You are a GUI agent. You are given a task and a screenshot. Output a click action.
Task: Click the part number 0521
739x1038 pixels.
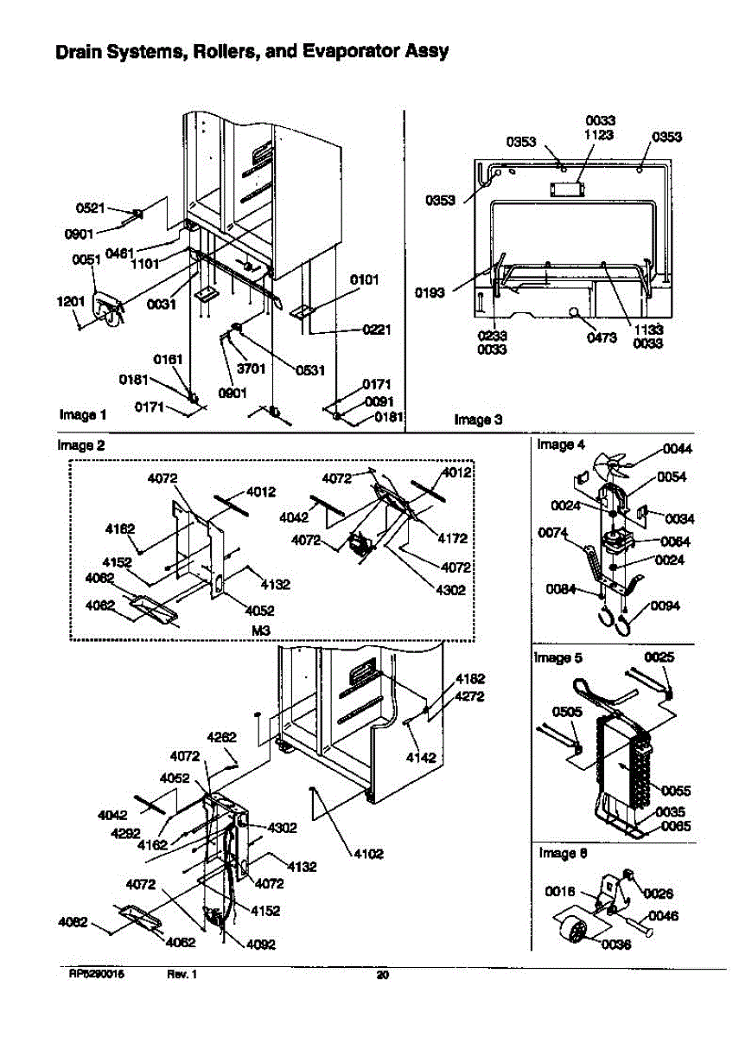tap(90, 208)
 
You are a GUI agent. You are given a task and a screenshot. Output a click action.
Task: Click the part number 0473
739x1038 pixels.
tap(601, 337)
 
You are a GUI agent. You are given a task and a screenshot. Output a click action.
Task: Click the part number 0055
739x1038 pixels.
tap(677, 790)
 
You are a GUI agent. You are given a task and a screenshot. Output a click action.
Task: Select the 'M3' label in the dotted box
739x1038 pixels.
tap(260, 631)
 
